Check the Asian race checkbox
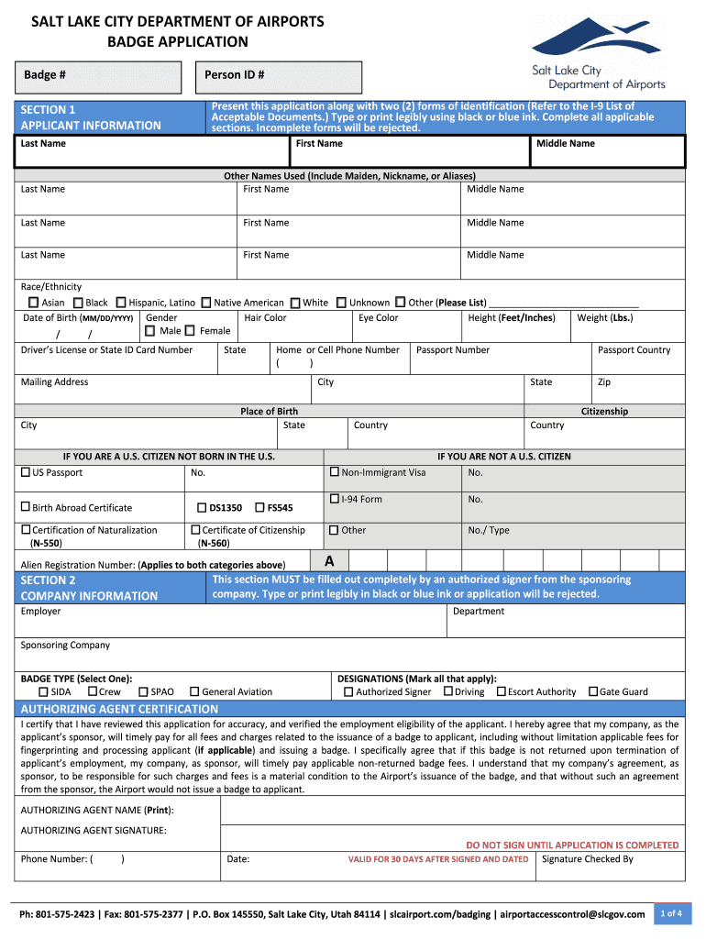(x=33, y=303)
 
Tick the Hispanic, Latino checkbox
(x=120, y=303)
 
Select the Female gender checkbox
(x=190, y=331)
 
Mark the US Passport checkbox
(x=26, y=473)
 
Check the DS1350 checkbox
(x=202, y=507)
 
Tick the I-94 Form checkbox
(x=335, y=499)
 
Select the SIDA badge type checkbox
(x=43, y=692)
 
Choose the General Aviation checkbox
(x=194, y=692)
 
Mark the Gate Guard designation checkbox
(x=592, y=692)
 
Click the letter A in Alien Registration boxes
(x=329, y=560)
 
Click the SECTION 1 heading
(x=49, y=109)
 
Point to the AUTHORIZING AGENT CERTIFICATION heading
(x=119, y=709)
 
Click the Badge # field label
(x=44, y=74)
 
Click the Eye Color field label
(x=378, y=318)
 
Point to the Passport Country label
(x=634, y=350)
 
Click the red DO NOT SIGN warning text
(x=572, y=845)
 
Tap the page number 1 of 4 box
(x=670, y=912)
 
